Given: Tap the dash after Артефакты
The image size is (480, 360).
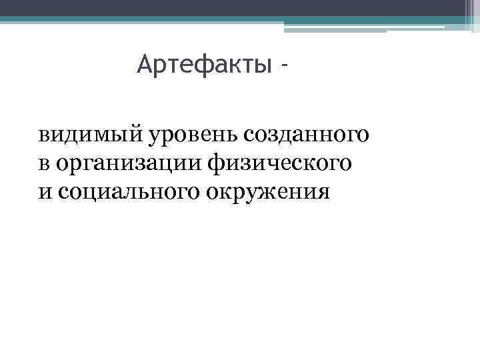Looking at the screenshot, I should point(286,67).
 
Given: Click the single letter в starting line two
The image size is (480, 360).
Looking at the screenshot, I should point(43,165).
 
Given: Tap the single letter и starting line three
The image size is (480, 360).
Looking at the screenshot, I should point(44,193).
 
